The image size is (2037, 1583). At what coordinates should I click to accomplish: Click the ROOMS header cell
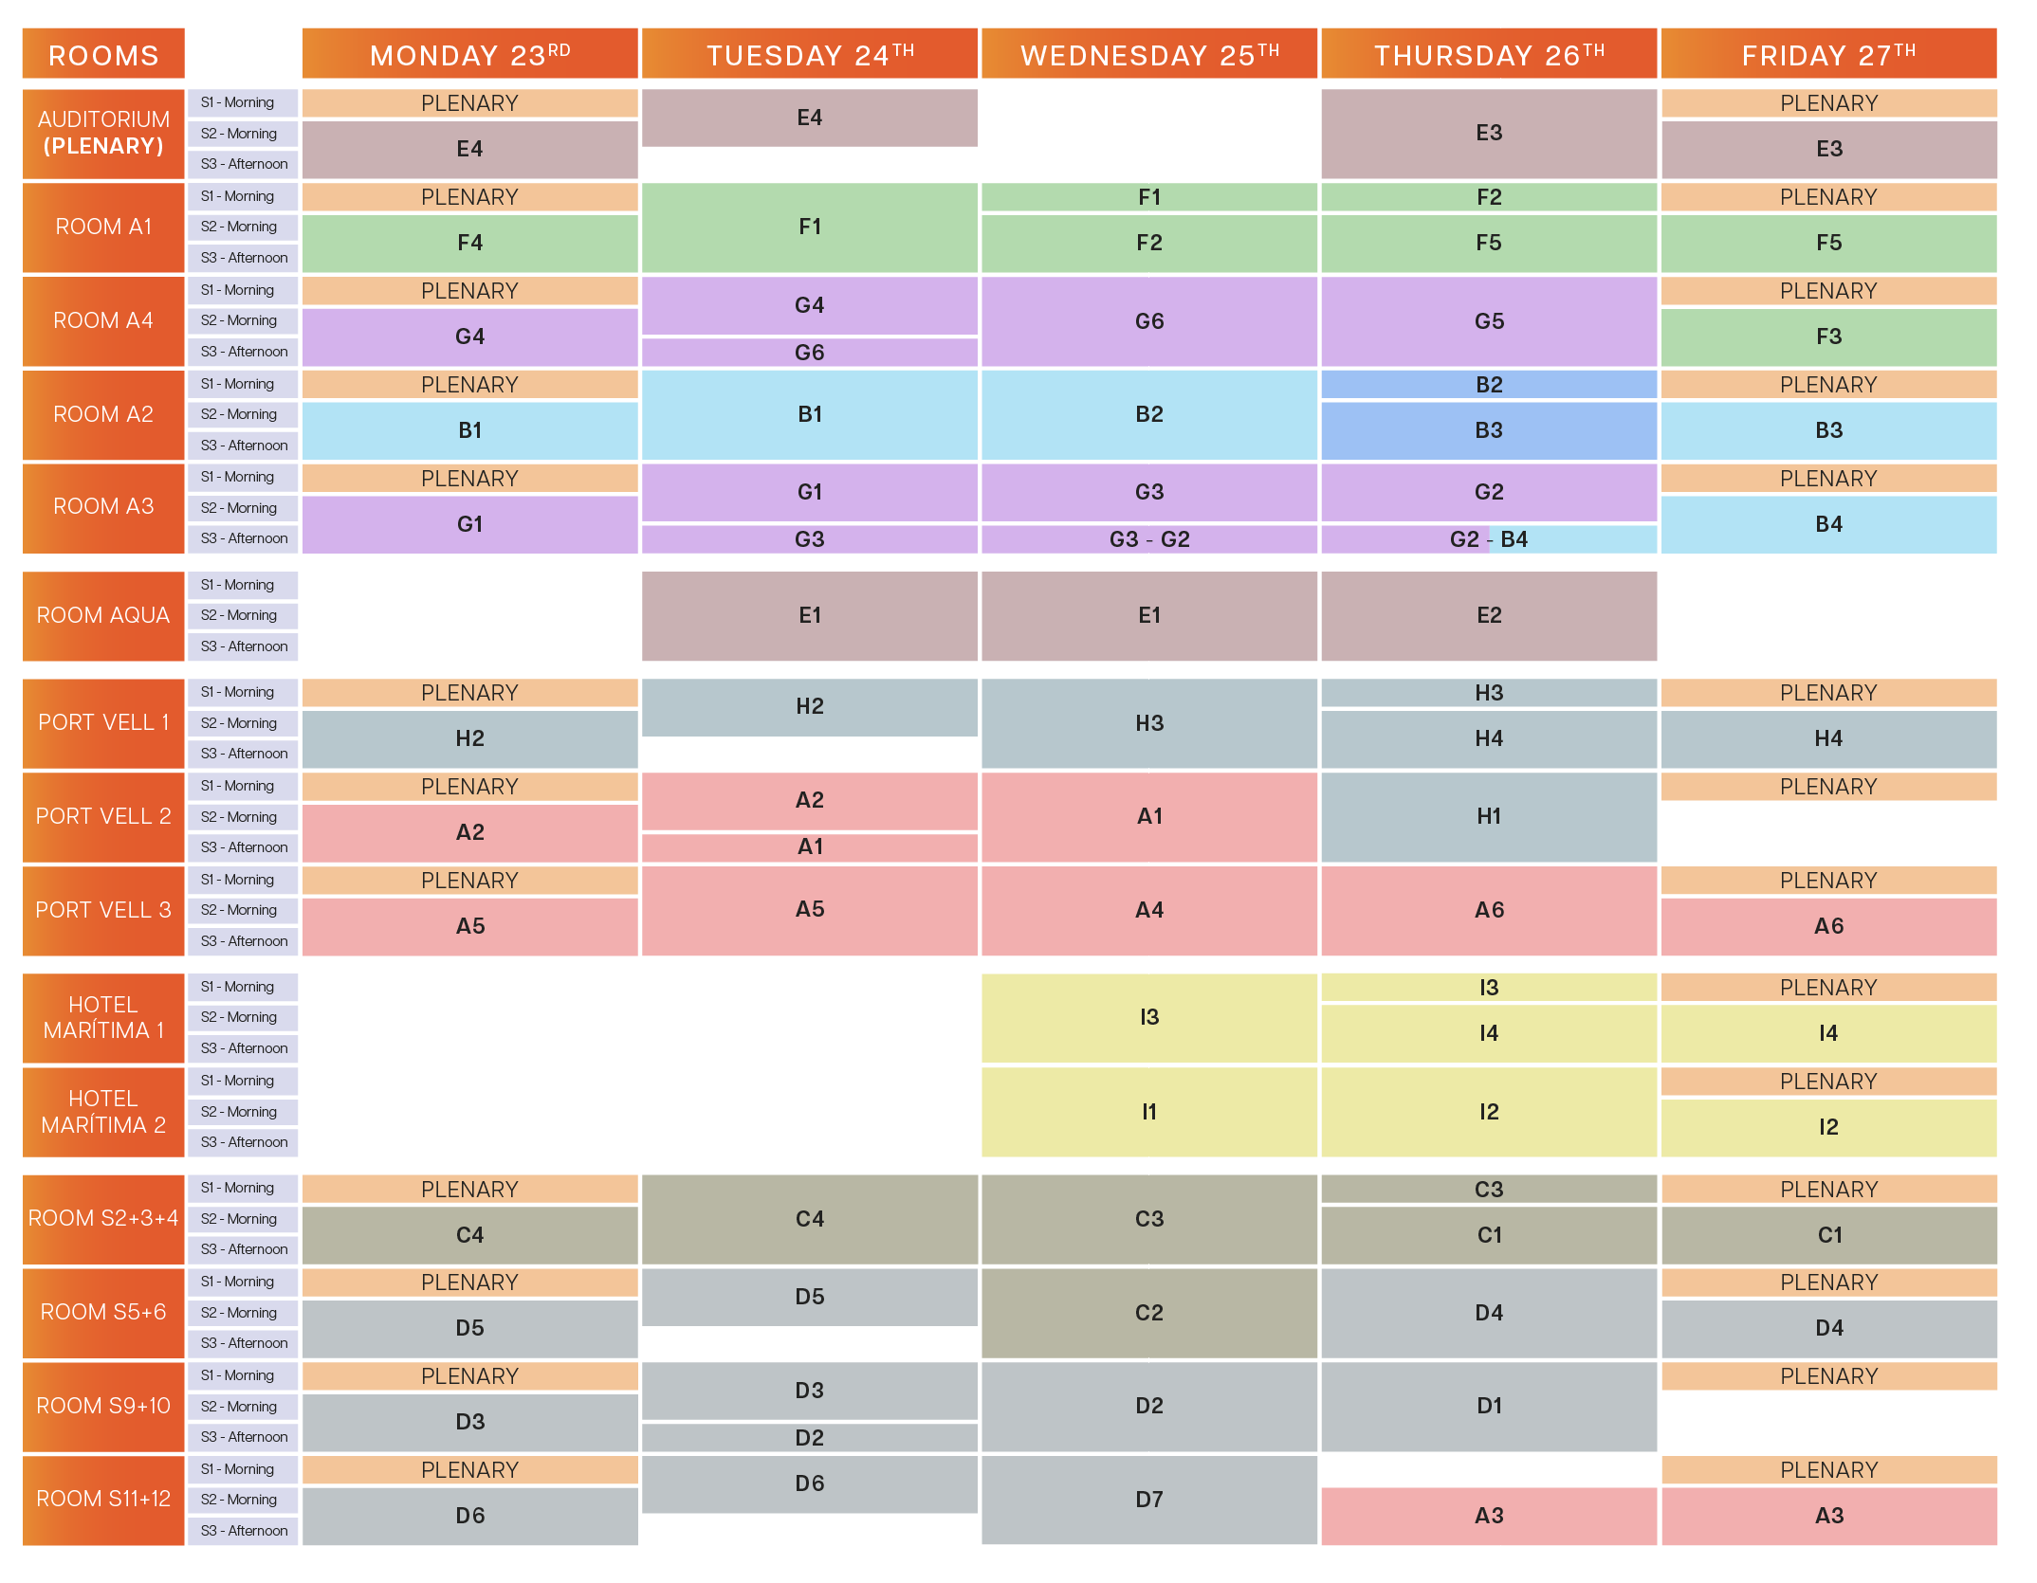click(x=103, y=55)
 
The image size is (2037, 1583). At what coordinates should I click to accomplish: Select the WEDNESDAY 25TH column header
click(x=1148, y=55)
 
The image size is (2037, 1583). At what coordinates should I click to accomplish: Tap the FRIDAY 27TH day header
click(x=1827, y=55)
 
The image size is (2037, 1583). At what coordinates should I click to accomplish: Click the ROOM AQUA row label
click(x=103, y=615)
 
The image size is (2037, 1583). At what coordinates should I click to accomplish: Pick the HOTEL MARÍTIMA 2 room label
click(x=103, y=1111)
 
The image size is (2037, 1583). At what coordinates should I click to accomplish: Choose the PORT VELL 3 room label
click(x=103, y=910)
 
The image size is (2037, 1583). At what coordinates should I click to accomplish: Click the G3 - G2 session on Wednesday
click(x=1148, y=539)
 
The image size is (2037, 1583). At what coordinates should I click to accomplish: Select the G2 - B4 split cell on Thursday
click(x=1488, y=539)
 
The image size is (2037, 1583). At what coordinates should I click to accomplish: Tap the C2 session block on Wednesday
click(x=1148, y=1313)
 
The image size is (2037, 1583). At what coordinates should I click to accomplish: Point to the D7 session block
click(x=1148, y=1500)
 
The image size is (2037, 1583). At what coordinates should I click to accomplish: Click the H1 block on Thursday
click(x=1488, y=816)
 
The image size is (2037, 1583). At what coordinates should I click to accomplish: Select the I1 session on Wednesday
click(x=1148, y=1111)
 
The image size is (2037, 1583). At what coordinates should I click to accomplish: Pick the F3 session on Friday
click(x=1827, y=337)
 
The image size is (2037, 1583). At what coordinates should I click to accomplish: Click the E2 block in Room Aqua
click(x=1488, y=615)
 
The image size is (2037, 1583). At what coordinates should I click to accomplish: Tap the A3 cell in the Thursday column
click(x=1488, y=1516)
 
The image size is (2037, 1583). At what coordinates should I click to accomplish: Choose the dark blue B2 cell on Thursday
click(x=1488, y=385)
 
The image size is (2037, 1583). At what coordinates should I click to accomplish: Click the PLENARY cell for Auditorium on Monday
click(x=469, y=103)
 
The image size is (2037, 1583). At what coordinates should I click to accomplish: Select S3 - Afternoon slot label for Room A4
click(x=244, y=352)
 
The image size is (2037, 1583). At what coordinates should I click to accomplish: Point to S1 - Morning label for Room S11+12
click(x=244, y=1469)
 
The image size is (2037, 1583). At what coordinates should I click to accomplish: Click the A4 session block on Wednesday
click(x=1148, y=910)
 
